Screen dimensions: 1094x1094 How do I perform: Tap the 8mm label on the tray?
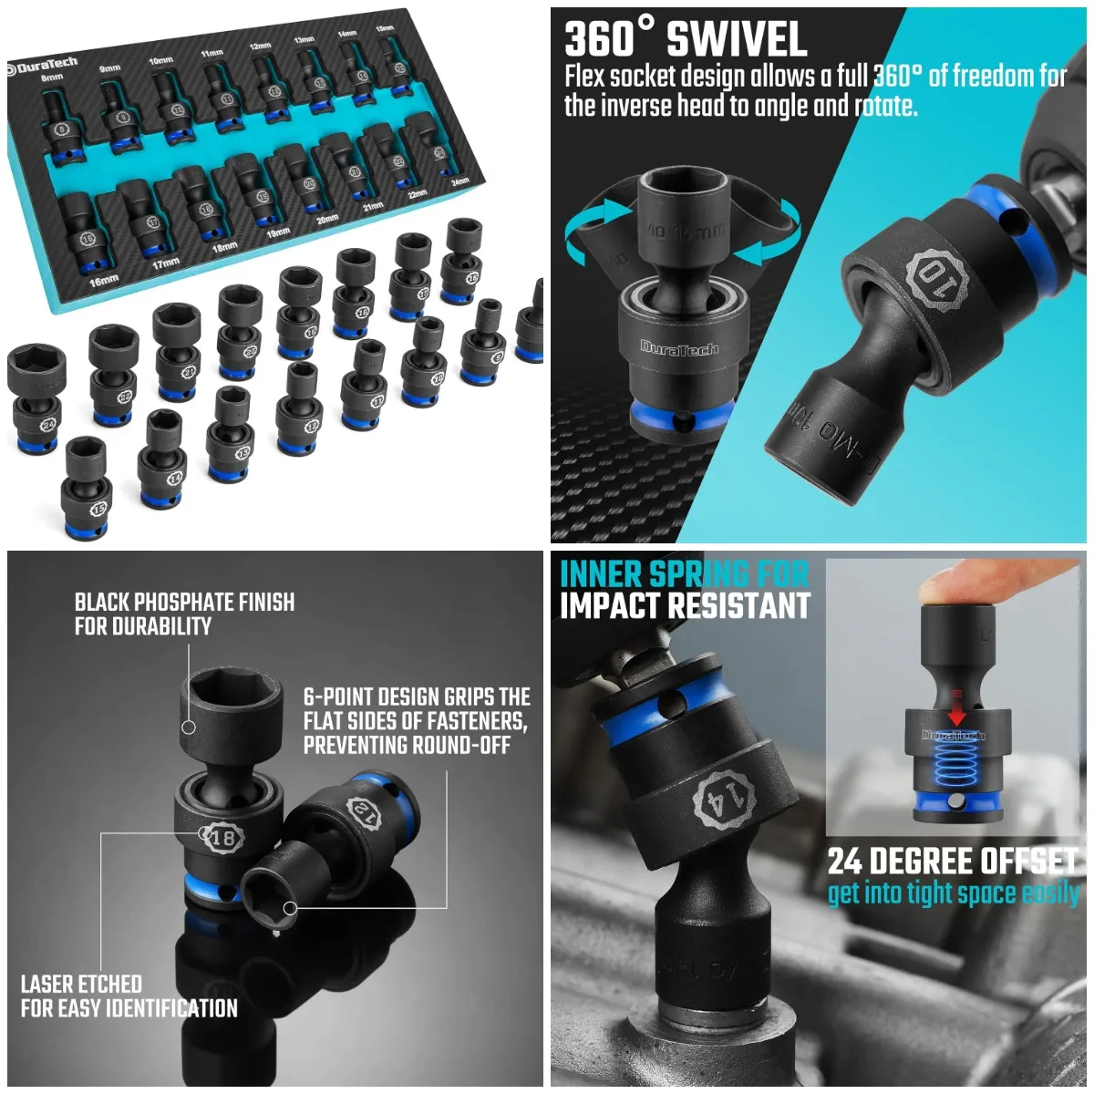pyautogui.click(x=53, y=78)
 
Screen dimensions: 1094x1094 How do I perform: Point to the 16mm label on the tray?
pyautogui.click(x=103, y=280)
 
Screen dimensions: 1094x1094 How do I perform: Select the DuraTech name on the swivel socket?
pyautogui.click(x=678, y=346)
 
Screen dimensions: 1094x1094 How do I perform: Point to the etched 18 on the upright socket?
pyautogui.click(x=222, y=837)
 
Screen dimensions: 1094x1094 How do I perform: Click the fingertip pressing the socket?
pyautogui.click(x=948, y=583)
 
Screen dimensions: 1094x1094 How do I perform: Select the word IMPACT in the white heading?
pyautogui.click(x=620, y=605)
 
